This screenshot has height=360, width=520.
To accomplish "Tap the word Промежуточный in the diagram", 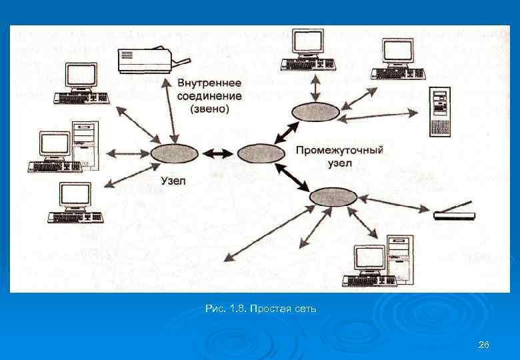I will pos(339,150).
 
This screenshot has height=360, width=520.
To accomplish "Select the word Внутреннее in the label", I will pos(209,83).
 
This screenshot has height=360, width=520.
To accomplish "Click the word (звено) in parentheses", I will pos(209,108).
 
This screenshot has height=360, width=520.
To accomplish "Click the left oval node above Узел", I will pos(175,154).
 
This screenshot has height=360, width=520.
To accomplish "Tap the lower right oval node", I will pos(333,197).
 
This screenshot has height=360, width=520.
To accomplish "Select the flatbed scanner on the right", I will pos(454,213).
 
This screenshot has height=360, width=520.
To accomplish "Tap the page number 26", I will pos(484,345).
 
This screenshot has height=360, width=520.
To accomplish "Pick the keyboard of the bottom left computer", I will pos(75,217).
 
